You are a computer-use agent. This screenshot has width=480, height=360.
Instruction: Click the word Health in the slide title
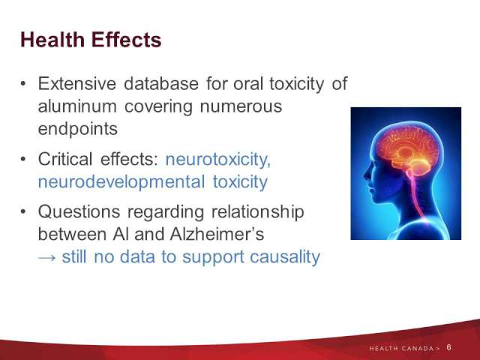tap(52, 40)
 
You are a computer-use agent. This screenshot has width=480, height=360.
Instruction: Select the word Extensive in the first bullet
tap(77, 83)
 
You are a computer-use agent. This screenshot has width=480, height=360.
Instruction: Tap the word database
tap(161, 83)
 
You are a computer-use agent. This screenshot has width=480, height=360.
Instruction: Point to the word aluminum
tap(77, 106)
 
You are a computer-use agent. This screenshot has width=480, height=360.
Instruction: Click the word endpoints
tap(78, 129)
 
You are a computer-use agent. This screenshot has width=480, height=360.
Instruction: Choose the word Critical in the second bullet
tap(65, 159)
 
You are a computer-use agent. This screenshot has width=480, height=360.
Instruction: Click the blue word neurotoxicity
tap(218, 160)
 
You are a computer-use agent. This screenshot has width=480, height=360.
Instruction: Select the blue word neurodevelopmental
tap(121, 181)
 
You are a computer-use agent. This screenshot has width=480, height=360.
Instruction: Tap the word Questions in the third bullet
tap(79, 211)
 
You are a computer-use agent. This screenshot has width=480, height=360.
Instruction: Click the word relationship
tap(258, 211)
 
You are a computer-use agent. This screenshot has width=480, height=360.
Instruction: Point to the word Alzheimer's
tap(217, 234)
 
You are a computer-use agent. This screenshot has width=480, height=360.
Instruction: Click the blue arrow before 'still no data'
tap(46, 258)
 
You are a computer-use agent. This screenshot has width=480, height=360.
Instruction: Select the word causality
tap(285, 256)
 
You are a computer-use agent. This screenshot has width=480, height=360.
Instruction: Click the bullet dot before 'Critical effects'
tap(23, 159)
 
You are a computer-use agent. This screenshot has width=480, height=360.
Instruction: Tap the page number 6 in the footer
tap(448, 347)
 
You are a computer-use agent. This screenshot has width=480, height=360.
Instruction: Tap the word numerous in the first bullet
tap(241, 106)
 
